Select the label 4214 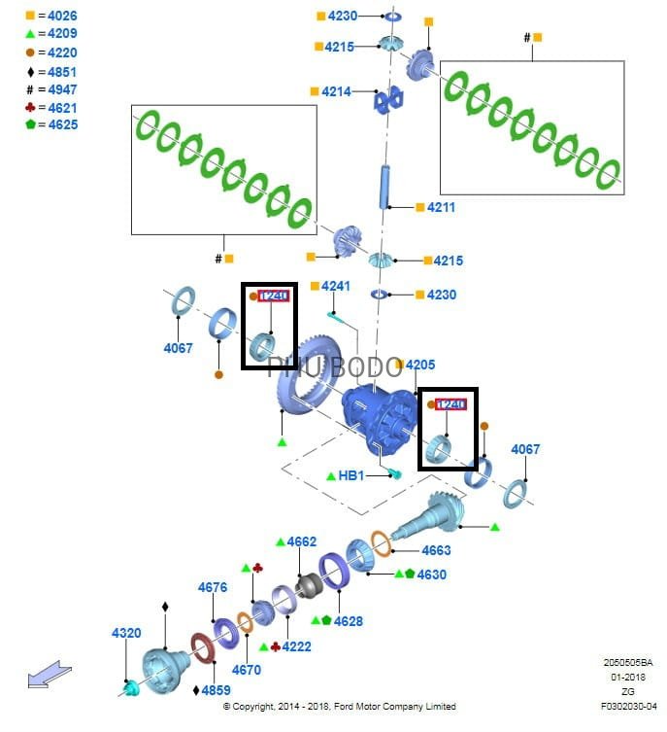[x=336, y=91]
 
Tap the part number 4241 [x=336, y=286]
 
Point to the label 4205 [x=420, y=365]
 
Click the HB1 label [x=350, y=475]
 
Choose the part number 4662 [x=302, y=541]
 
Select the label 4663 [x=436, y=550]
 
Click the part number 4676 [x=213, y=587]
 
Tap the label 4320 [x=126, y=633]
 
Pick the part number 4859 [x=216, y=690]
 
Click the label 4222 [x=297, y=646]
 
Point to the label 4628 [x=348, y=621]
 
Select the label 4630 [x=431, y=575]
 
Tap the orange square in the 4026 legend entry [x=30, y=17]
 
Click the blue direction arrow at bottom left [x=50, y=674]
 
